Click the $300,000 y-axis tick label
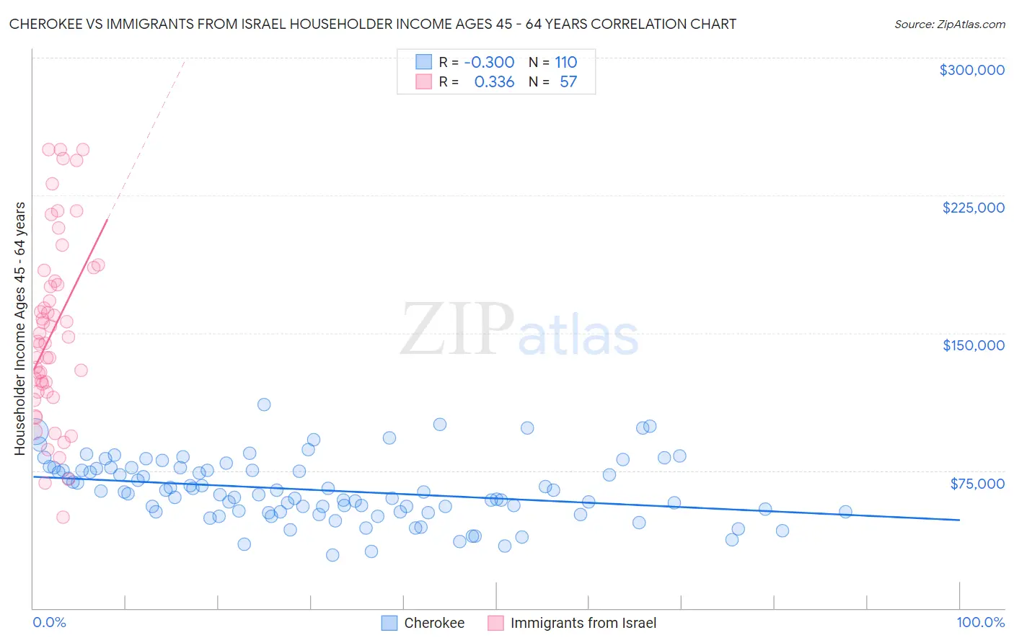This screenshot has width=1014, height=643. click(x=971, y=70)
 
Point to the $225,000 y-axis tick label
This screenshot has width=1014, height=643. click(x=973, y=208)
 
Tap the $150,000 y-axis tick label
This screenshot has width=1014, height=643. click(x=973, y=345)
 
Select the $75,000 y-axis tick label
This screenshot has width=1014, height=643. click(x=977, y=483)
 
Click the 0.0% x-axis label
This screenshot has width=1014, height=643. click(x=49, y=622)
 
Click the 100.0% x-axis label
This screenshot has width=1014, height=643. click(x=980, y=622)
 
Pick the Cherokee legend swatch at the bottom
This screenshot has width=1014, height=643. click(x=389, y=623)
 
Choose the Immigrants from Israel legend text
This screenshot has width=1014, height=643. click(x=583, y=623)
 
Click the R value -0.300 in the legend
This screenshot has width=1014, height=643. click(x=489, y=63)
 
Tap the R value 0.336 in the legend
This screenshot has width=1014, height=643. click(x=494, y=82)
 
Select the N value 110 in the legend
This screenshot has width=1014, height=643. click(x=566, y=63)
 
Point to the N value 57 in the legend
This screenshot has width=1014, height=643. click(x=568, y=82)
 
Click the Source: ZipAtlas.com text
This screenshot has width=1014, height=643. click(x=949, y=25)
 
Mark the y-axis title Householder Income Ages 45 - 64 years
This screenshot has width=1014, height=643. click(x=20, y=329)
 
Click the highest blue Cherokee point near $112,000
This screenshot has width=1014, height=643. click(x=264, y=404)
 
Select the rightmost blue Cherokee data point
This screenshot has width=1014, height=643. click(x=845, y=512)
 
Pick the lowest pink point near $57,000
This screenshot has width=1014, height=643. click(x=63, y=517)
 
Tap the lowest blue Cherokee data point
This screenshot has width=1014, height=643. click(x=332, y=555)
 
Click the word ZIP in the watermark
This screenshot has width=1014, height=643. click(x=457, y=329)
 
